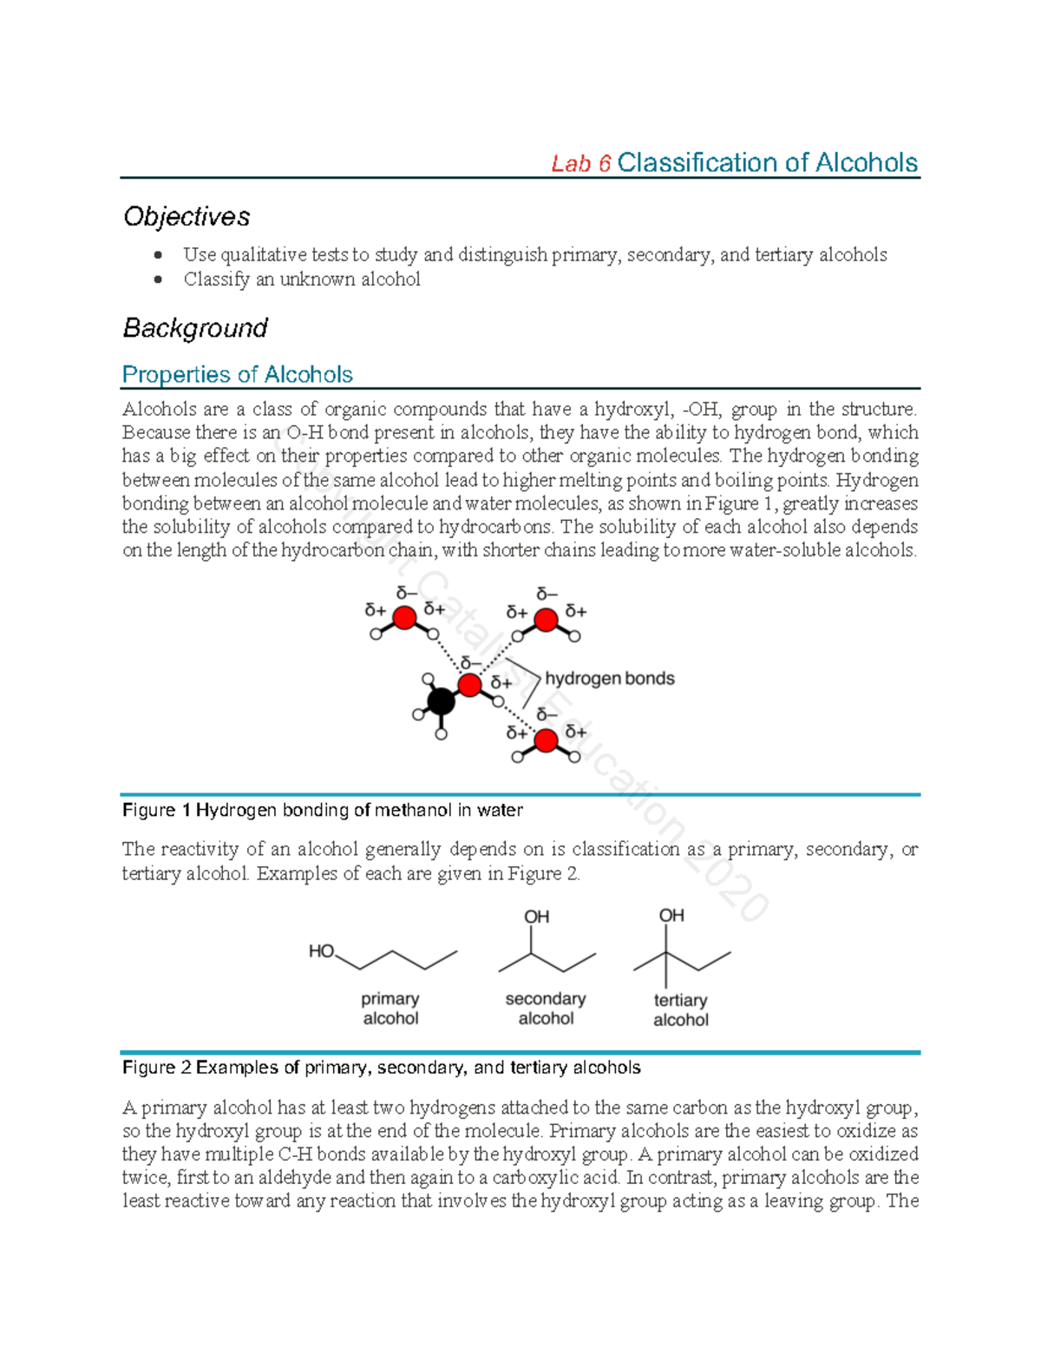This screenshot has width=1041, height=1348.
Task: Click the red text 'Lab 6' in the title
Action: pos(581,164)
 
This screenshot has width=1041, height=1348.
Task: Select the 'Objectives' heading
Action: pos(187,216)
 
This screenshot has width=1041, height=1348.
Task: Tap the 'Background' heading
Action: pos(195,328)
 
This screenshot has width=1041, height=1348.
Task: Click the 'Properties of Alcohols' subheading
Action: pos(237,374)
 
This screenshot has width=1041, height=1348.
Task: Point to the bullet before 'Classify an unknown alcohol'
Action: pos(158,279)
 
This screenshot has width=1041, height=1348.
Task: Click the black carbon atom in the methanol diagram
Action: pos(441,700)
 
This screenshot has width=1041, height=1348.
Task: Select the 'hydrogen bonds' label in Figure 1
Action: pos(609,679)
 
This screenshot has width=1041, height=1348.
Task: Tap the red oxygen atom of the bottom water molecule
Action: pos(546,740)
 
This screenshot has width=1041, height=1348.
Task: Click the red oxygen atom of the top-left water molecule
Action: pos(404,618)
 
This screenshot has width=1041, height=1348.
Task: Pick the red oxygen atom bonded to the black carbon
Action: pos(469,685)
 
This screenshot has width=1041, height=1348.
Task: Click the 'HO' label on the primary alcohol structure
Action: pos(321,951)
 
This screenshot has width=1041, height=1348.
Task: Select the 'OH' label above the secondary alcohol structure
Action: pos(536,917)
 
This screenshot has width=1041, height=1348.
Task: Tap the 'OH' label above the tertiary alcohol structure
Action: pos(671,916)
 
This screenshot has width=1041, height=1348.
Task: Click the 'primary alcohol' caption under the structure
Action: pos(390,1009)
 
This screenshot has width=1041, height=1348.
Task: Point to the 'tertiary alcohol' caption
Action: pos(680,1010)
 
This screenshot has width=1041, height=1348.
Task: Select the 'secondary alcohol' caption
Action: pos(546,1009)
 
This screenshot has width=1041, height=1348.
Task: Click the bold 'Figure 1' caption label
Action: pos(156,810)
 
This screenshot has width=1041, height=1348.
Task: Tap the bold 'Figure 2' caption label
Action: pos(156,1068)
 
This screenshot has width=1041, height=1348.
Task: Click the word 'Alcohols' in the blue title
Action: pos(866,163)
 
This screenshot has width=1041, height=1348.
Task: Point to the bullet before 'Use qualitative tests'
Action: pos(158,255)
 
